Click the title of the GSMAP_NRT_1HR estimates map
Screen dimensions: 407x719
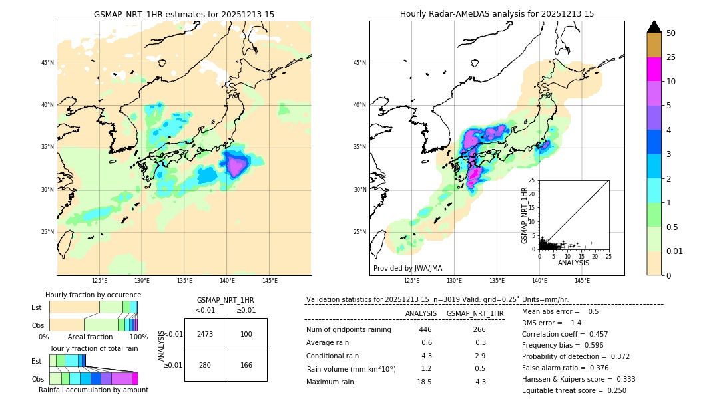[x=184, y=14]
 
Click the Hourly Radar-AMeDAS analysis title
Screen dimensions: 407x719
[x=497, y=14]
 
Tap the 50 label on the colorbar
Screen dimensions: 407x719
[x=671, y=33]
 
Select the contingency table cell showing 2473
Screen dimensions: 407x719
[x=205, y=334]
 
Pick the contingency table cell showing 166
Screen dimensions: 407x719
[x=246, y=366]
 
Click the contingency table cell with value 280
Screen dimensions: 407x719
[x=205, y=366]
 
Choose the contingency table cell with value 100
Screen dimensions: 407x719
[x=246, y=334]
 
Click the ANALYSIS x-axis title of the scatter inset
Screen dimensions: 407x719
[x=573, y=263]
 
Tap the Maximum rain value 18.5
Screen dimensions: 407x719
[x=425, y=382]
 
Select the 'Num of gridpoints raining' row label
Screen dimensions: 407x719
[x=348, y=330]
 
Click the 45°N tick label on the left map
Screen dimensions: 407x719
[x=47, y=63]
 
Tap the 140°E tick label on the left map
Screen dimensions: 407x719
[x=227, y=281]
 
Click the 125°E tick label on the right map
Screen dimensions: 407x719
[x=412, y=281]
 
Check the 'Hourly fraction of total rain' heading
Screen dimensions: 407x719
[x=93, y=348]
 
